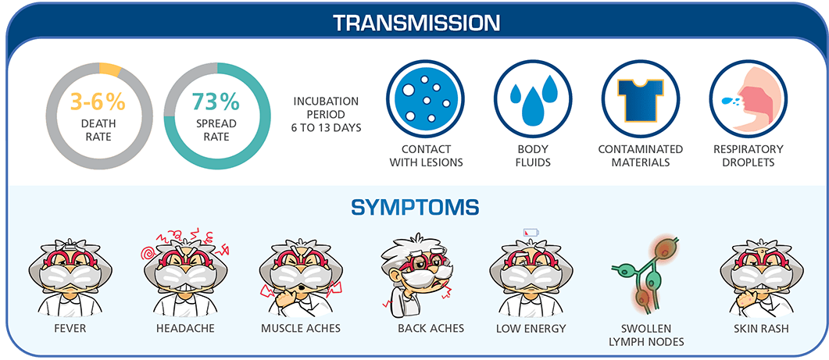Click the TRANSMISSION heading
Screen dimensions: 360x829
(x=415, y=21)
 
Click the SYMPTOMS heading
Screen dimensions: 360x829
(x=415, y=208)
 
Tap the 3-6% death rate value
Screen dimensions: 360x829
(x=98, y=102)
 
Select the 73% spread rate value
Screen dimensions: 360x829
(x=216, y=102)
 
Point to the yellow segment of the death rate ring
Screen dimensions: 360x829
(x=110, y=70)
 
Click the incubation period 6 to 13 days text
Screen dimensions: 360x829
(x=327, y=114)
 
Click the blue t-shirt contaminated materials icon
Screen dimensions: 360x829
(x=641, y=98)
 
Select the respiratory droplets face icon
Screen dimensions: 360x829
(x=748, y=98)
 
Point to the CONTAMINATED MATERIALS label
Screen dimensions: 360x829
(x=641, y=155)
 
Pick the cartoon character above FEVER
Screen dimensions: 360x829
(x=64, y=273)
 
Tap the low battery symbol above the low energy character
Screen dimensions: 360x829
(x=531, y=232)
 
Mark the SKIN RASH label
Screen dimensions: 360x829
(x=761, y=329)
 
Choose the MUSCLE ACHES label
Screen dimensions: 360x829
(x=301, y=329)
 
